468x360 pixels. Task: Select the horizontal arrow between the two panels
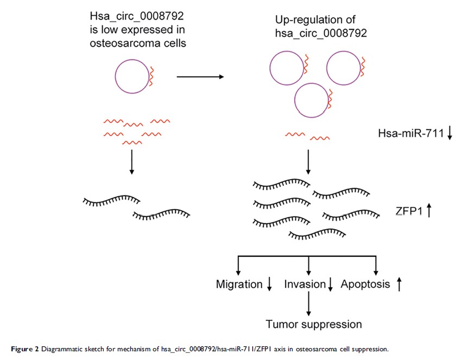[200, 77]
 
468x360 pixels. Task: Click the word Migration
[239, 284]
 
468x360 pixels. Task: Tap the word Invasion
[305, 284]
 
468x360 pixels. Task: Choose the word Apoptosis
[365, 284]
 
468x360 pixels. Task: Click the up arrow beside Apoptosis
[399, 283]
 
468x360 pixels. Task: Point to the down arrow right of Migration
[269, 285]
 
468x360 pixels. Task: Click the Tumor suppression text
[313, 325]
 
